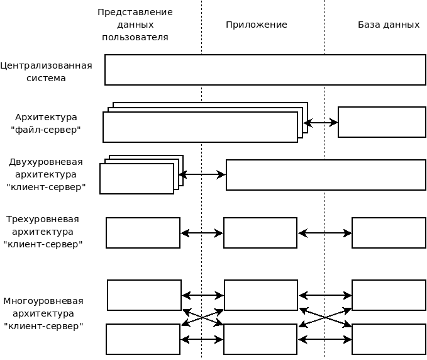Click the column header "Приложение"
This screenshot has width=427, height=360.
coord(257,25)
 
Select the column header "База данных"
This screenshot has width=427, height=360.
coord(389,25)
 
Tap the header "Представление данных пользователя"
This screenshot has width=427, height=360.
coord(135,25)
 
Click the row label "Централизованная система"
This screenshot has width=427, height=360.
coord(46,72)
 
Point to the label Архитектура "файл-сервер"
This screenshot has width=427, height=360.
coord(46,123)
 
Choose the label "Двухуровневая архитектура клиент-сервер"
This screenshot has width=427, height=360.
coord(46,174)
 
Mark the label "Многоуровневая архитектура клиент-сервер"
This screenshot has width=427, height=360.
coord(43,313)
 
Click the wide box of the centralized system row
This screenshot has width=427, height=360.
coord(265,70)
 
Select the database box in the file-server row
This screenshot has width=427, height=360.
coord(382,122)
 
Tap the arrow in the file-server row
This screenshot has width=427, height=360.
coord(321,123)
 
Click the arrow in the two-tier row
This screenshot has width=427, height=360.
coord(202,174)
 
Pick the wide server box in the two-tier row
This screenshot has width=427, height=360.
coord(326,175)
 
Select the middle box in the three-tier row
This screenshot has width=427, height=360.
coord(260,233)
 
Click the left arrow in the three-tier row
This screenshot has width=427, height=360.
coord(202,233)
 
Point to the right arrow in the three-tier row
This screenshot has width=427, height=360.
coord(324,233)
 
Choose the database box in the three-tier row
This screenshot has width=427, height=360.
coord(389,233)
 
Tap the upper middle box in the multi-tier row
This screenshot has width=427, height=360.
coord(261,295)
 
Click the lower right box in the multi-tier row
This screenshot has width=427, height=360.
coord(389,339)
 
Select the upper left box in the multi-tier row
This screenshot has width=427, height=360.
coord(144,295)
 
